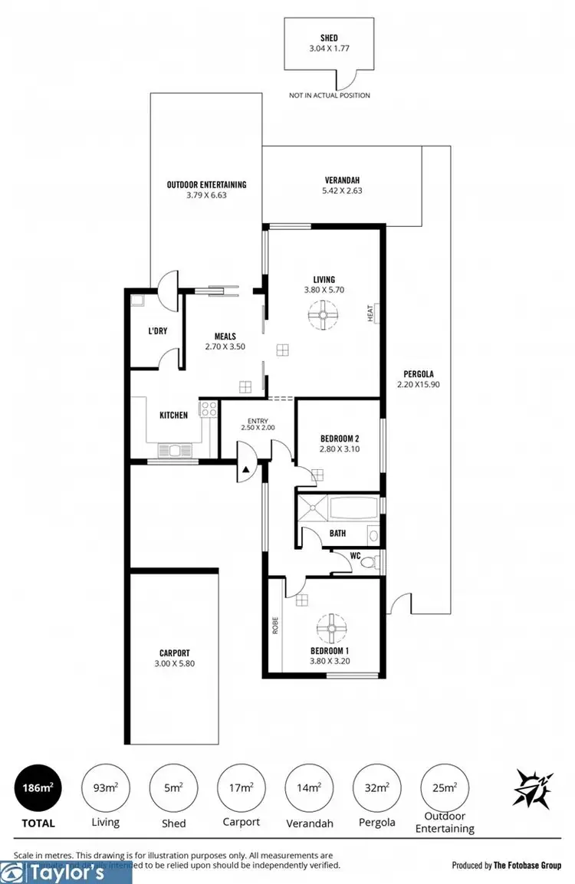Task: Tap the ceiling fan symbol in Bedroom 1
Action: click(x=331, y=628)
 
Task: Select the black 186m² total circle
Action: click(x=37, y=787)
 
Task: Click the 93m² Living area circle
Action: click(x=105, y=787)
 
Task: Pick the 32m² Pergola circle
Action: click(x=376, y=787)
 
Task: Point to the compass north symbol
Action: click(x=530, y=788)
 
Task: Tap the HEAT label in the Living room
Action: click(x=370, y=313)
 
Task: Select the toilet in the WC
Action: click(x=369, y=562)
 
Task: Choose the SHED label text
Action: click(x=330, y=37)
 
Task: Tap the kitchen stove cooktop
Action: click(x=208, y=409)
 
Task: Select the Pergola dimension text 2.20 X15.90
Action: click(x=416, y=384)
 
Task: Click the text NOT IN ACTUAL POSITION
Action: click(x=330, y=96)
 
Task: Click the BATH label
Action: click(x=337, y=533)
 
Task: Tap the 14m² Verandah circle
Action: click(x=308, y=787)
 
